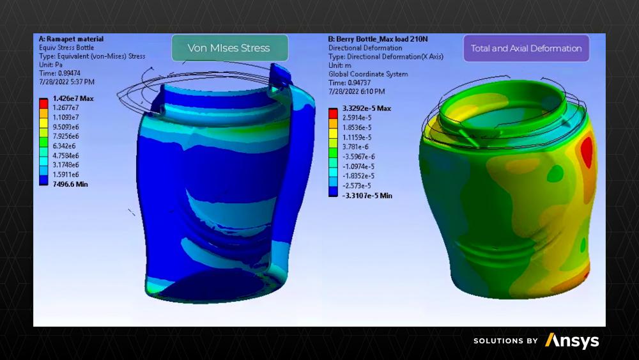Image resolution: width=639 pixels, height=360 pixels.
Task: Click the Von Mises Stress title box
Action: click(229, 48)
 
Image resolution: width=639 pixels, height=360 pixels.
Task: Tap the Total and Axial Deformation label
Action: click(526, 48)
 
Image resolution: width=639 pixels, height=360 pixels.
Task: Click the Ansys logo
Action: click(572, 341)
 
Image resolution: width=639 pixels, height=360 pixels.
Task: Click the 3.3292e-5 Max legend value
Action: click(366, 109)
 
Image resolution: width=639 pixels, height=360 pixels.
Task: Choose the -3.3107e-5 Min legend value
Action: click(367, 195)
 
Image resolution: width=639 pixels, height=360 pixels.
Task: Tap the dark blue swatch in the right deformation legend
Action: click(333, 191)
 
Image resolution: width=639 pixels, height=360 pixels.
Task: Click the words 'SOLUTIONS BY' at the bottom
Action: click(505, 341)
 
